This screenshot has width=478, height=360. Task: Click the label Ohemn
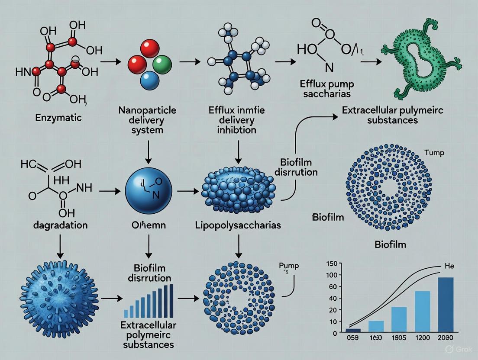click(x=149, y=225)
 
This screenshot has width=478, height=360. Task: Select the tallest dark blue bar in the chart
click(x=446, y=305)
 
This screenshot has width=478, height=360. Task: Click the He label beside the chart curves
click(x=450, y=266)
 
